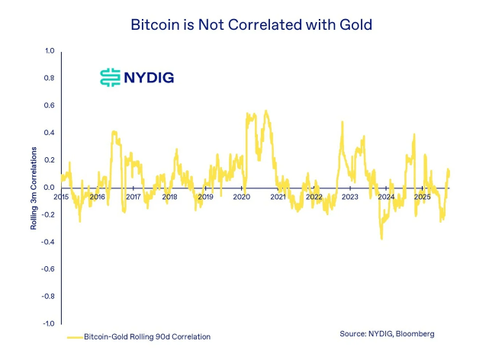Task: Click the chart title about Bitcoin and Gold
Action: [x=244, y=24]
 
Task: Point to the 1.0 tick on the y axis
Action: [x=50, y=51]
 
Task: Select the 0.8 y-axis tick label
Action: [x=50, y=79]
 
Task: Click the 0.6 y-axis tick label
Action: [x=50, y=105]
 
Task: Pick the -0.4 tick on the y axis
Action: [x=48, y=242]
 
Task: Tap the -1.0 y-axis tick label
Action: [x=48, y=324]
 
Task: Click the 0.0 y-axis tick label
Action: [x=50, y=188]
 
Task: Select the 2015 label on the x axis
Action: [x=62, y=197]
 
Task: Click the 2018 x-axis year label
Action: [x=169, y=197]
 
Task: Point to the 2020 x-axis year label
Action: [x=242, y=197]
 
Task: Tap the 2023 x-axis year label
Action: [x=350, y=197]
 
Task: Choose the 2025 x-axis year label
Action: [x=423, y=197]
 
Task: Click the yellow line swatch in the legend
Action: [x=74, y=336]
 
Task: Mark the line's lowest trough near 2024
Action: [x=381, y=238]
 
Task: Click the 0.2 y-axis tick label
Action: [x=50, y=160]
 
